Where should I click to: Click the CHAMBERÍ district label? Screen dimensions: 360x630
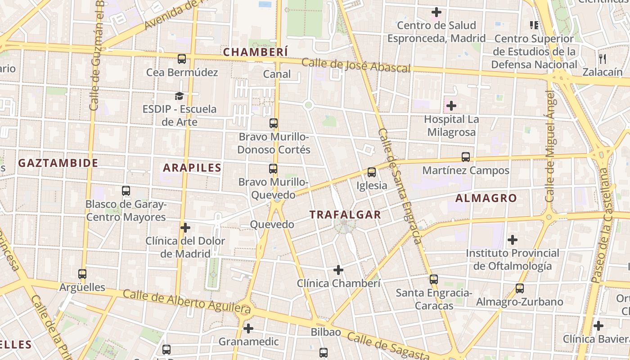pyautogui.click(x=255, y=52)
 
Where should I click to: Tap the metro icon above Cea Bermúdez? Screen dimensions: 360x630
pyautogui.click(x=182, y=59)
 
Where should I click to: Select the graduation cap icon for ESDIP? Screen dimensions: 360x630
pyautogui.click(x=180, y=96)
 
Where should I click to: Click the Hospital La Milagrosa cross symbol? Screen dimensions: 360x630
pyautogui.click(x=451, y=106)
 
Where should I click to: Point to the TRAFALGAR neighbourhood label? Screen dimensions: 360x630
pyautogui.click(x=345, y=215)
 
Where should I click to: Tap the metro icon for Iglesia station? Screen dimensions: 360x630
pyautogui.click(x=372, y=172)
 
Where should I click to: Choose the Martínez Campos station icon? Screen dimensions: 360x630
pyautogui.click(x=466, y=157)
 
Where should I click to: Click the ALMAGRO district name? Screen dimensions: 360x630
pyautogui.click(x=486, y=198)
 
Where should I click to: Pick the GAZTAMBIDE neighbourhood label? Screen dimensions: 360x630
pyautogui.click(x=58, y=163)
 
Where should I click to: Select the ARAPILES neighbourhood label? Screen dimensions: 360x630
pyautogui.click(x=192, y=168)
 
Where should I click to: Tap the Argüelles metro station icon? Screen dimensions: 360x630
pyautogui.click(x=82, y=274)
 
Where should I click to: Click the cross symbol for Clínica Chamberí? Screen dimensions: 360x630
pyautogui.click(x=338, y=270)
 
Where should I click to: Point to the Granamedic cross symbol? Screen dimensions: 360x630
pyautogui.click(x=248, y=328)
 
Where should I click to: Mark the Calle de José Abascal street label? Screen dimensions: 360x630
pyautogui.click(x=356, y=65)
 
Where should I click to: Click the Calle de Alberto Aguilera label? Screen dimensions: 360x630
pyautogui.click(x=186, y=302)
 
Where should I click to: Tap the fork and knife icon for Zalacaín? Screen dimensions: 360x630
pyautogui.click(x=603, y=58)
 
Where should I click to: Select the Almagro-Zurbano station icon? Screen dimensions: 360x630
pyautogui.click(x=520, y=288)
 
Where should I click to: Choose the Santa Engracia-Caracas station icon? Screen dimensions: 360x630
pyautogui.click(x=434, y=279)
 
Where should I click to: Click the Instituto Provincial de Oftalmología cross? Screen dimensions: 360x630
pyautogui.click(x=513, y=240)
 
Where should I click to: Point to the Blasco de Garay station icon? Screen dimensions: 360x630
pyautogui.click(x=126, y=191)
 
